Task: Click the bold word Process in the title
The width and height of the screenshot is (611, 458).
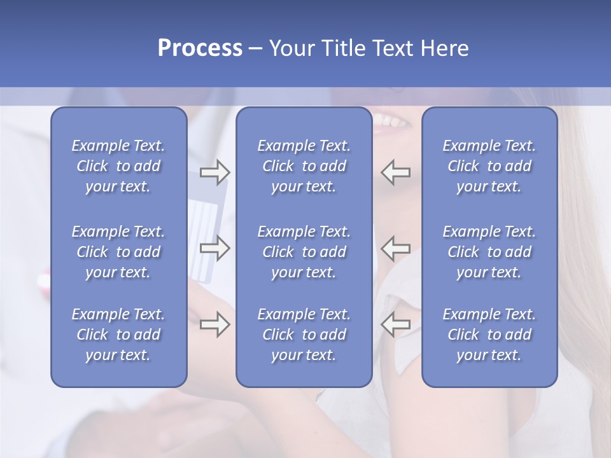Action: (200, 48)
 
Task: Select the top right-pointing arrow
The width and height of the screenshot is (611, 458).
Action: (214, 172)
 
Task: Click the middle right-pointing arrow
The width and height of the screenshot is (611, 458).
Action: (214, 248)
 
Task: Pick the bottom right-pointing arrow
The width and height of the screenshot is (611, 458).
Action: (214, 324)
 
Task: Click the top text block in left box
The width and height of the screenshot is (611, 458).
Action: (118, 166)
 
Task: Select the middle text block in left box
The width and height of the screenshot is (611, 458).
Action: (118, 252)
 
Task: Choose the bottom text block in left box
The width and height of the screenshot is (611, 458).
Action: (118, 335)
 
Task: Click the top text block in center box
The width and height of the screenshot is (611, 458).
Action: (304, 166)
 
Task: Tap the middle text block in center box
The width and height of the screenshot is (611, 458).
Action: (304, 252)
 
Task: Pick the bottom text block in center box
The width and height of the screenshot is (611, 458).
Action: (304, 335)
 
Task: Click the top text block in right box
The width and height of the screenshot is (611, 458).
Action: (489, 166)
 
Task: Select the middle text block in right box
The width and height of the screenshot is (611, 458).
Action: (489, 252)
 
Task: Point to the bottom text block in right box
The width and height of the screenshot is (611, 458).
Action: (489, 335)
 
